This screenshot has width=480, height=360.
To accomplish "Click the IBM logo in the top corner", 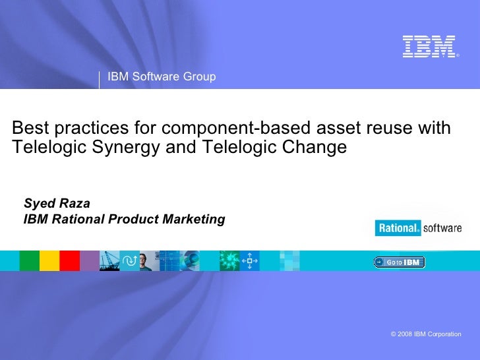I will click(x=429, y=46).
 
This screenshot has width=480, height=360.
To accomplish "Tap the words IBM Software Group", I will click(x=162, y=77).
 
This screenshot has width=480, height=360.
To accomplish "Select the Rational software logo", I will click(x=418, y=228).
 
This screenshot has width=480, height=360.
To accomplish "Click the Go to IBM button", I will click(x=400, y=262).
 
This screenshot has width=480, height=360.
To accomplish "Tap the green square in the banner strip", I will click(x=29, y=261).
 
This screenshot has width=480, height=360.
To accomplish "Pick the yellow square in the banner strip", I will click(x=49, y=261).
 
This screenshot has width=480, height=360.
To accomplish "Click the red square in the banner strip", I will click(x=69, y=261).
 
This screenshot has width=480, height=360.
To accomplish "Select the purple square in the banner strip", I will click(x=89, y=261).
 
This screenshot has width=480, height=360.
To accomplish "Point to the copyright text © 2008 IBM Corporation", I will click(x=426, y=334).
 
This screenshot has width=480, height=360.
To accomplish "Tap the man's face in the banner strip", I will click(x=149, y=261).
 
